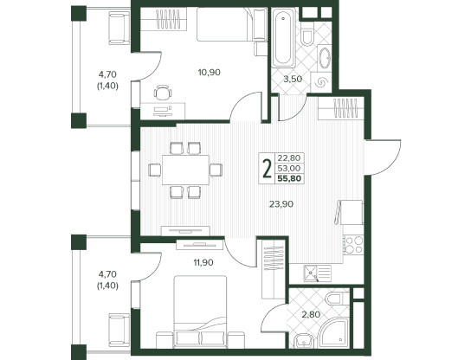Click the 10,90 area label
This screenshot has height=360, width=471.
click(209, 73)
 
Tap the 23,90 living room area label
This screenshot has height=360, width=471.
click(281, 204)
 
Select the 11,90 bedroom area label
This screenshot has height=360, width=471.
click(203, 263)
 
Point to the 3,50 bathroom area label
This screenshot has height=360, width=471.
click(293, 80)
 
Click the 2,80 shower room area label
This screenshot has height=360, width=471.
click(311, 315)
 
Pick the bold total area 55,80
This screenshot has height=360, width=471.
click(289, 178)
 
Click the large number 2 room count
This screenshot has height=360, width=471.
click(267, 169)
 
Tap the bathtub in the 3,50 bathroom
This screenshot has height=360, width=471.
click(282, 37)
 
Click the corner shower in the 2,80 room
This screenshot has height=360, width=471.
click(333, 333)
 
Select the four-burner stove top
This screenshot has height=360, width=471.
click(354, 245)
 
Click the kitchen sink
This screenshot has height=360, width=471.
click(317, 273)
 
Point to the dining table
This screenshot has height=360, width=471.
click(185, 170)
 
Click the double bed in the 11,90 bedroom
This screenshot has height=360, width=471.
click(200, 312)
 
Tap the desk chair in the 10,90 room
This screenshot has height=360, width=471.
click(163, 93)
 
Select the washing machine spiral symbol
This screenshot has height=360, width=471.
click(321, 82)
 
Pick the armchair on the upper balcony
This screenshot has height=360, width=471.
click(119, 28)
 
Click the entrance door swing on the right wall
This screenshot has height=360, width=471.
click(383, 157)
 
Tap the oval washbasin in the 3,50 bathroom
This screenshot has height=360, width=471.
click(325, 58)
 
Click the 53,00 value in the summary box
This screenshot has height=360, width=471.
click(289, 168)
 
